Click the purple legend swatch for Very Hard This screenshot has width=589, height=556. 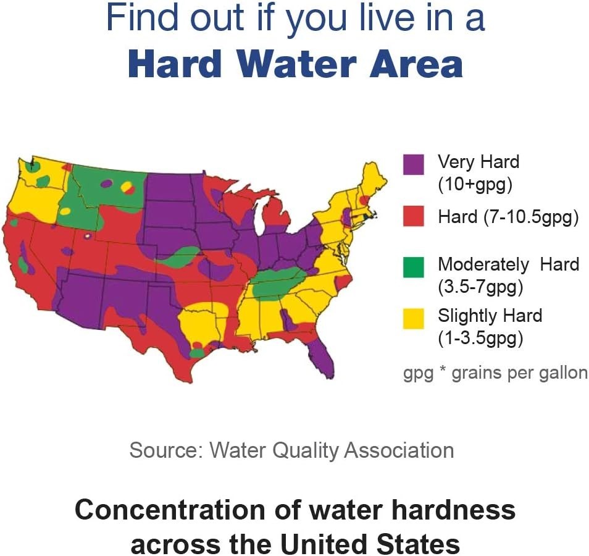pyautogui.click(x=413, y=164)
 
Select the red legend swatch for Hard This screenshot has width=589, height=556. pyautogui.click(x=413, y=216)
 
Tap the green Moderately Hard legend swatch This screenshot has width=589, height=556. pyautogui.click(x=413, y=266)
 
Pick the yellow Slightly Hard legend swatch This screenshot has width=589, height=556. pyautogui.click(x=413, y=318)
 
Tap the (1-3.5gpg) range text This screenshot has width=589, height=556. pyautogui.click(x=480, y=339)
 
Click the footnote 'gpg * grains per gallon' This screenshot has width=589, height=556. pyautogui.click(x=495, y=374)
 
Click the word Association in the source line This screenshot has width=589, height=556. pyautogui.click(x=398, y=450)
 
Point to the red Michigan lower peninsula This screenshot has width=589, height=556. pyautogui.click(x=275, y=216)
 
